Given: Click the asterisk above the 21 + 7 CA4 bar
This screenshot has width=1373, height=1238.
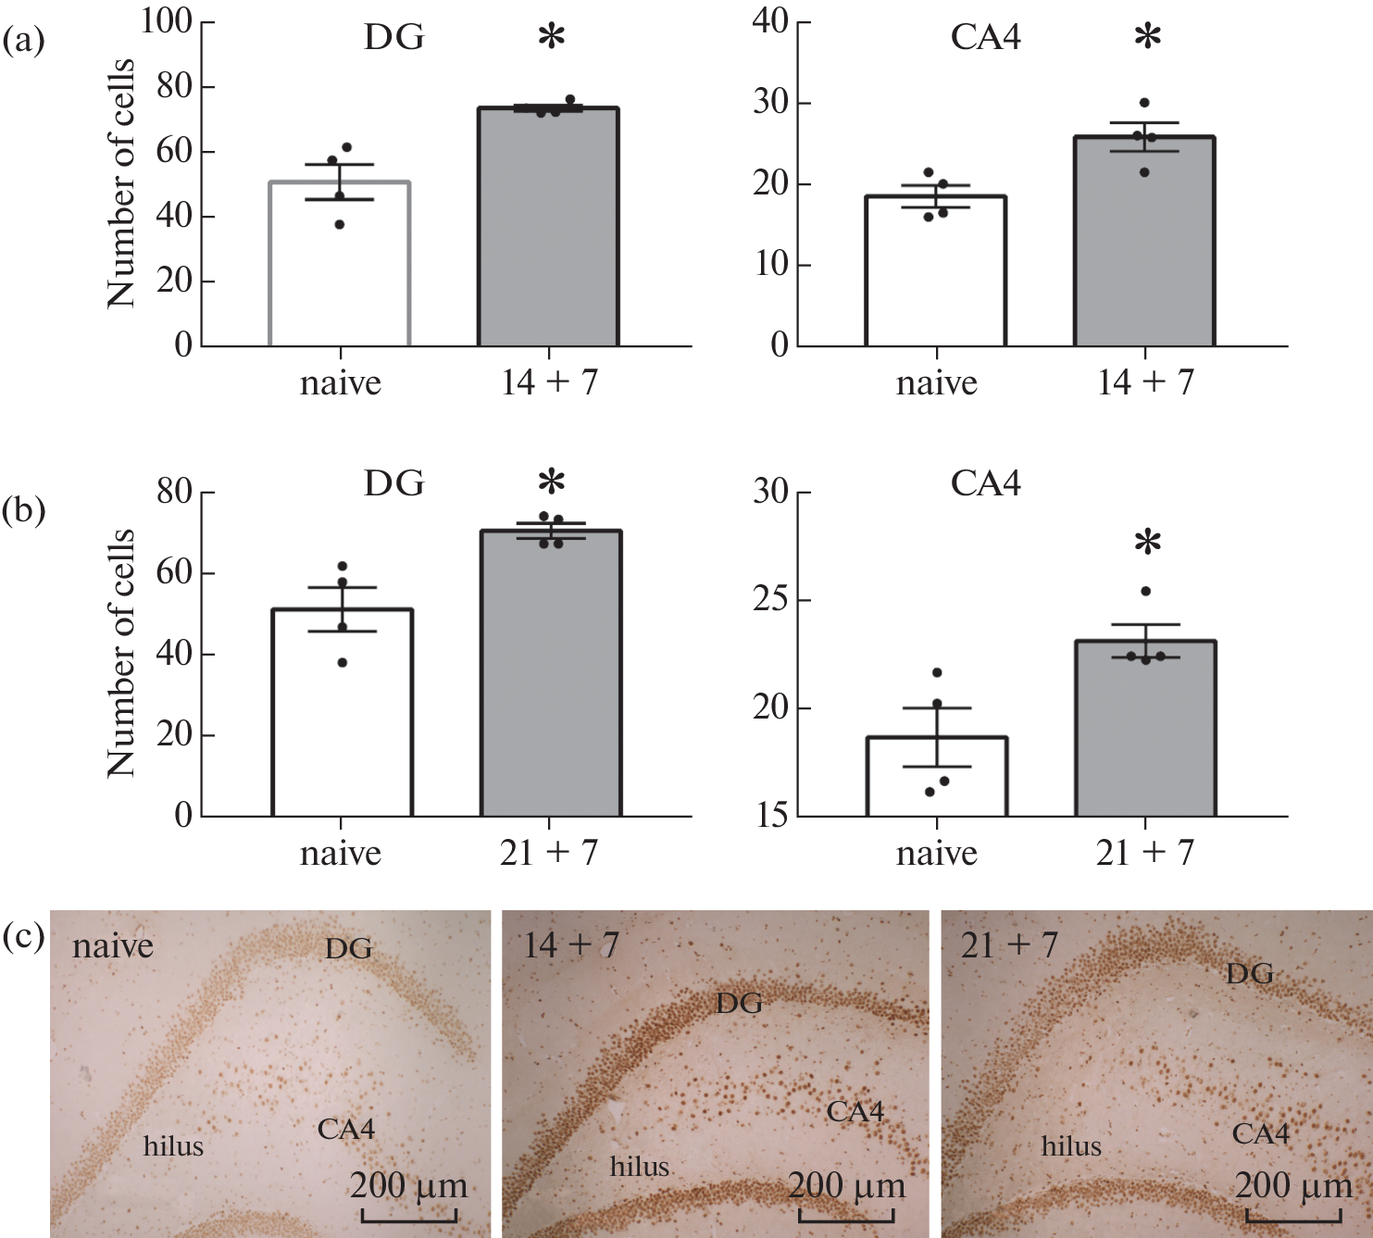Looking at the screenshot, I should click(1147, 544).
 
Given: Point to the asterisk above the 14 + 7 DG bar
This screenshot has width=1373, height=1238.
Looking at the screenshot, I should click(551, 38).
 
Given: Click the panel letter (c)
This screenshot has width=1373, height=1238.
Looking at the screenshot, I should click(24, 938).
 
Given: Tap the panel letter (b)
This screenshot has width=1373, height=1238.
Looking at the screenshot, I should click(24, 509).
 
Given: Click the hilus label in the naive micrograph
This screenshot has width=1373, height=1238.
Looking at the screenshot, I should click(173, 1146).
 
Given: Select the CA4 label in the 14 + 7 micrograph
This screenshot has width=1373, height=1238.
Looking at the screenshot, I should click(855, 1110).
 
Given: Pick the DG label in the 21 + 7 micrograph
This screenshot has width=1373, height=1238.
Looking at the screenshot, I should click(1249, 973).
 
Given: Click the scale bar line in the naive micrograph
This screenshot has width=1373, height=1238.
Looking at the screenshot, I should click(408, 1219).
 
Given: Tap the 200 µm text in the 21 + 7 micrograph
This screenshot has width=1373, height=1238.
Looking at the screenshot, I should click(1293, 1186).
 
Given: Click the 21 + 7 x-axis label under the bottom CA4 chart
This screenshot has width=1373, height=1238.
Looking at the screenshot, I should click(1144, 853).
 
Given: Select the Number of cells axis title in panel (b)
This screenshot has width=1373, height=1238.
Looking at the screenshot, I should click(121, 653).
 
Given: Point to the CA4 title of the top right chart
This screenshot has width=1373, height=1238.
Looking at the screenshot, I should click(985, 37).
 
